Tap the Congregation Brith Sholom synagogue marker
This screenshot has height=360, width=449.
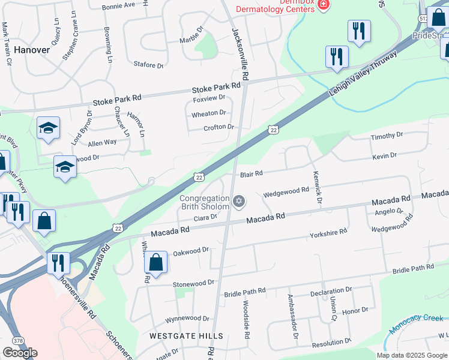tap(240, 201)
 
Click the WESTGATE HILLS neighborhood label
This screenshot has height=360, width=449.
tap(186, 336)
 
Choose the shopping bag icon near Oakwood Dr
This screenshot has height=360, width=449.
tap(155, 263)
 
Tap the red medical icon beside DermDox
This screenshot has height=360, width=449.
tap(324, 5)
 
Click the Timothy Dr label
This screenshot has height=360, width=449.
tap(387, 136)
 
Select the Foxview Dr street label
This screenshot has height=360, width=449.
tap(208, 97)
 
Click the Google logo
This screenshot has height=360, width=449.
tap(20, 353)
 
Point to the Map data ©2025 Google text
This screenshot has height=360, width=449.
tap(411, 355)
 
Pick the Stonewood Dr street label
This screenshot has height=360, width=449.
tap(193, 283)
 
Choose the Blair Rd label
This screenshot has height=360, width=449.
tap(252, 174)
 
